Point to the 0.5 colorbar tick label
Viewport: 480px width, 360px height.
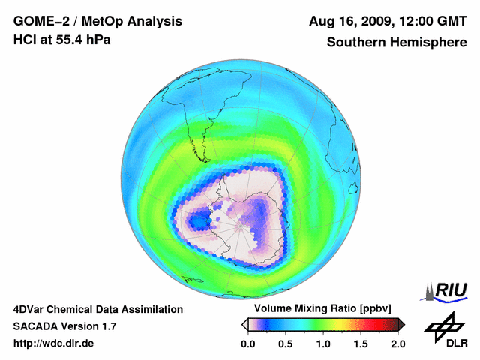point(285,343)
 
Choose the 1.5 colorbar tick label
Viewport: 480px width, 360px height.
point(361,343)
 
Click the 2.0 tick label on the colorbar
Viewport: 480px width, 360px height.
point(397,343)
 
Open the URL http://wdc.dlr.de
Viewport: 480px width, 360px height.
point(54,343)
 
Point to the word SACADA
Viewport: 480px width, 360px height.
point(35,326)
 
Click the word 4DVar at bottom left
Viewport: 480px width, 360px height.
point(30,309)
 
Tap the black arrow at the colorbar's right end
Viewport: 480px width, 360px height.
point(401,324)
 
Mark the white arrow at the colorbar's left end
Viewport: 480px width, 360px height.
point(244,324)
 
